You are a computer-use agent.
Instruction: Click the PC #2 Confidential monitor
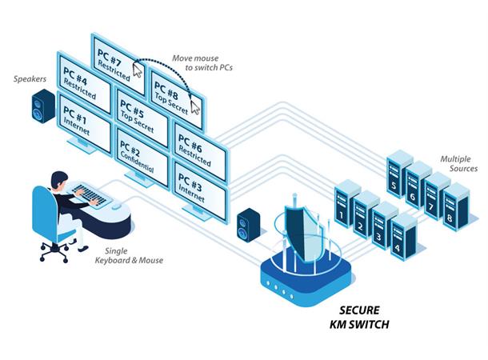142,153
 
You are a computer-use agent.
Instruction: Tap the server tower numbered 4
394,236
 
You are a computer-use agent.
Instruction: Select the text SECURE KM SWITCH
358,318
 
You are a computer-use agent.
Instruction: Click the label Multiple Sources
458,164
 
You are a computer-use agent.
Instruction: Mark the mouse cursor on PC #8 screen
194,106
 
